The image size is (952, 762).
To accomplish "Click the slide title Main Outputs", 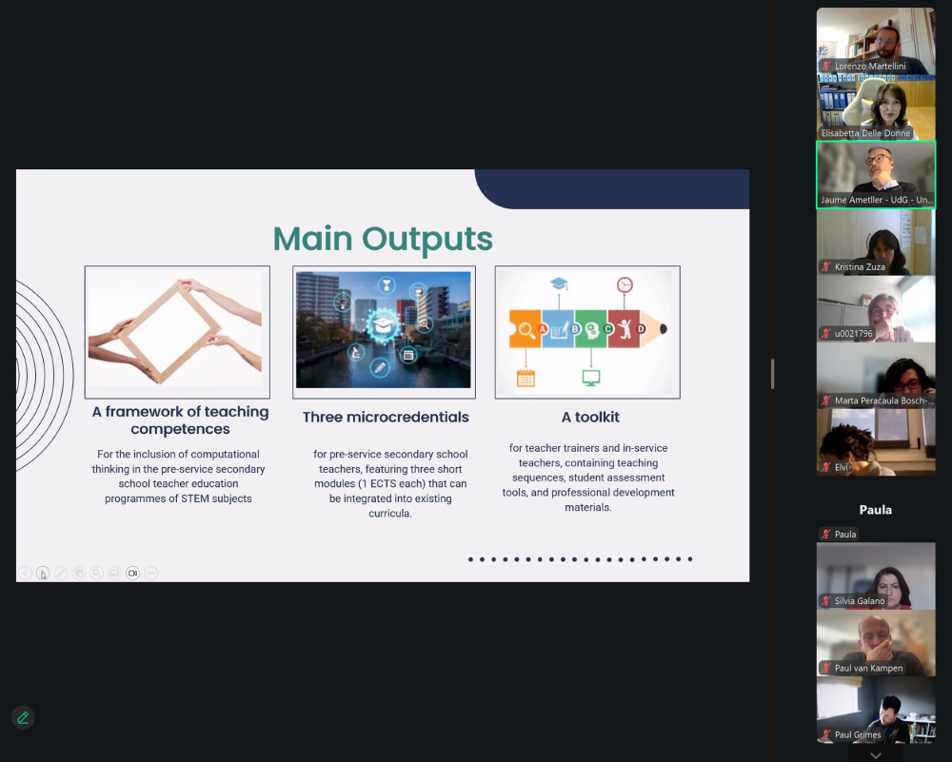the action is tap(383, 239).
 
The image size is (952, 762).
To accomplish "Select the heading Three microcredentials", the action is tap(386, 418).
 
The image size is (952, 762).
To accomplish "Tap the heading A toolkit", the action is tap(590, 418).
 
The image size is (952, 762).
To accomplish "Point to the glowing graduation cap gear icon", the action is tap(382, 325).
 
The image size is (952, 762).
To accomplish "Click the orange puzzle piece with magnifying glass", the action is tap(525, 329).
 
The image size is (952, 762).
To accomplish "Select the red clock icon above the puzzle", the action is tap(625, 284).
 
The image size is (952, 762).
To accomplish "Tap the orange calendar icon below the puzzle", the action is tap(526, 379).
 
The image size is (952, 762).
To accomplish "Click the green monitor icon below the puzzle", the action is tap(591, 378).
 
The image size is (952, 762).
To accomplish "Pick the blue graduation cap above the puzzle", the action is tap(559, 283).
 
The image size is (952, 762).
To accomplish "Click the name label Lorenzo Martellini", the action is tap(870, 67).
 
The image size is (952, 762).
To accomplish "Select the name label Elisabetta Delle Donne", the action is tap(865, 133).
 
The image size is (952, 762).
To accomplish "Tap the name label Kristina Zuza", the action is tap(860, 267).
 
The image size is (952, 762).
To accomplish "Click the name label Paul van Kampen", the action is tap(868, 668).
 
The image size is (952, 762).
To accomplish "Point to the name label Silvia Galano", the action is tap(859, 601).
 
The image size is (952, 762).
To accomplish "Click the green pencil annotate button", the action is tap(23, 717).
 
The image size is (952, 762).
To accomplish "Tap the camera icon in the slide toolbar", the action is tap(132, 573).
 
